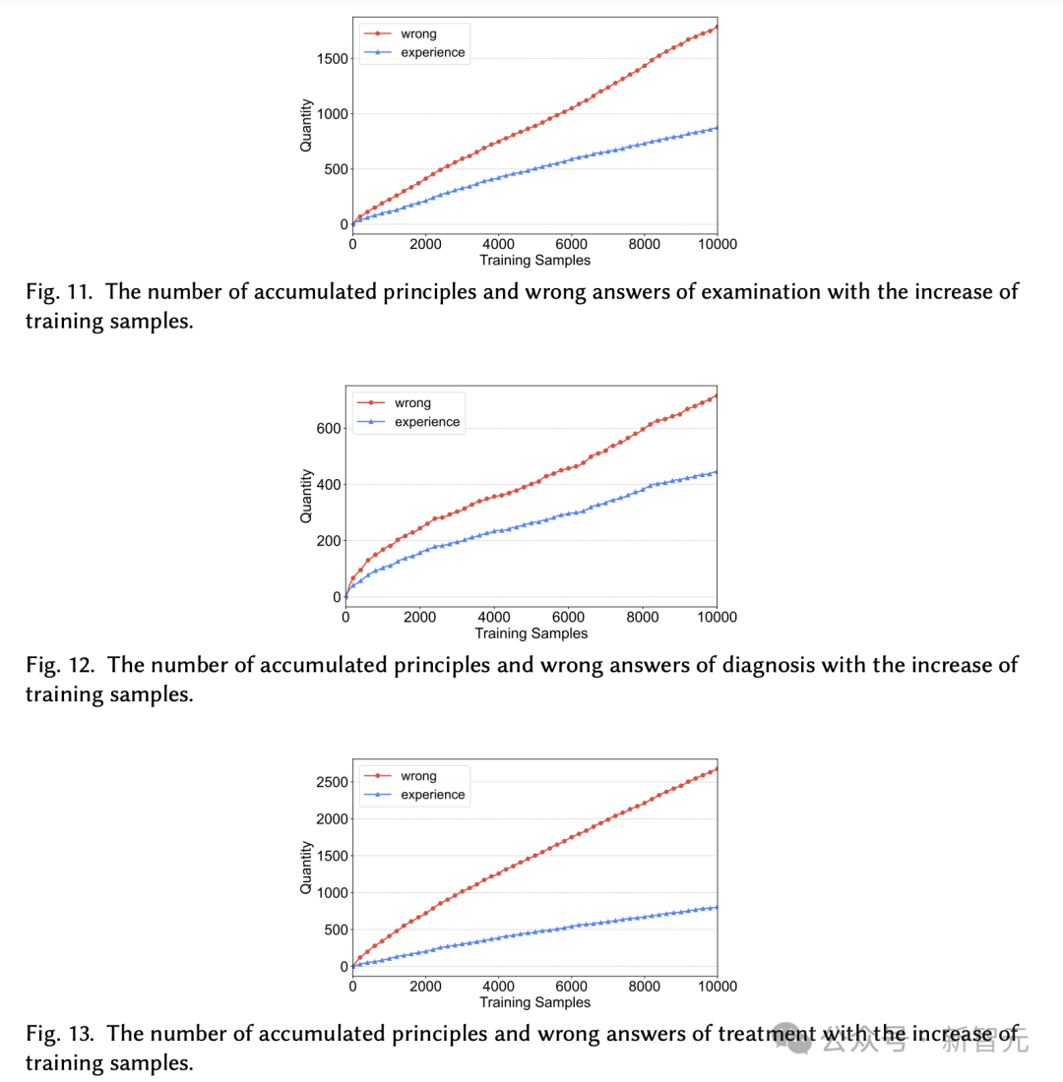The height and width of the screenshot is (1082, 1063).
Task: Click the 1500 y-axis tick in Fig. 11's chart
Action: (328, 59)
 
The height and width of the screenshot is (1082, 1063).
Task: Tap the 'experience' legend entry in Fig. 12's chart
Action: (427, 422)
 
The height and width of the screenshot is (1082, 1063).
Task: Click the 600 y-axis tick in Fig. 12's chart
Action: (328, 429)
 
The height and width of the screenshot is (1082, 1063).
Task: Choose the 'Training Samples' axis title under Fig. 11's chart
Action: (534, 261)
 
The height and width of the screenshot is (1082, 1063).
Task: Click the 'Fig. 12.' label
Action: (59, 665)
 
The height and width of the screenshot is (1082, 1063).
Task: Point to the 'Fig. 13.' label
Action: (59, 1034)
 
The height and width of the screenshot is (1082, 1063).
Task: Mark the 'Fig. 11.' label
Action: (59, 291)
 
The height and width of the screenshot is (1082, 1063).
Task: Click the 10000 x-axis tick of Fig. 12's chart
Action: (716, 618)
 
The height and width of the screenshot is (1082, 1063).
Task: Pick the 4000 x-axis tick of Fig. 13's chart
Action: (498, 986)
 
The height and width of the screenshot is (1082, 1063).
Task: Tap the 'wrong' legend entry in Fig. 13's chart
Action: (418, 776)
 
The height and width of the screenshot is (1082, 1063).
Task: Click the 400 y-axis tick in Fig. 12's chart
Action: (328, 485)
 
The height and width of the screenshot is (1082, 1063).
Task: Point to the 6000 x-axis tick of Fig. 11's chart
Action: (571, 244)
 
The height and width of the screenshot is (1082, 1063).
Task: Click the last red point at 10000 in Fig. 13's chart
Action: (717, 768)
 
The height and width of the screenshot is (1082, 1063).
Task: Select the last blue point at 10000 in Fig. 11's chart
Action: (717, 127)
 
